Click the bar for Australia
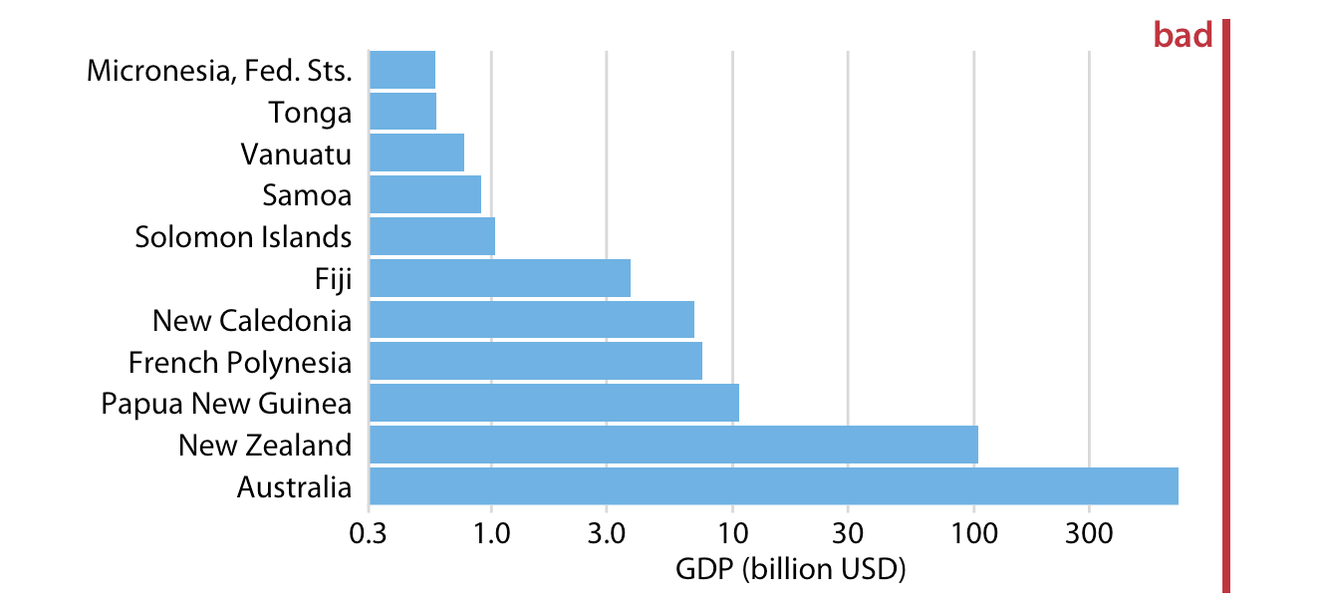click(x=773, y=486)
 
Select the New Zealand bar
click(x=673, y=445)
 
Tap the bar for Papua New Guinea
click(x=554, y=403)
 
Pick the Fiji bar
click(x=499, y=278)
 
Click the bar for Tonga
click(x=402, y=112)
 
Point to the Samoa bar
click(x=424, y=194)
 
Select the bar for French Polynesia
click(x=535, y=361)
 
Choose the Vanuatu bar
click(x=416, y=153)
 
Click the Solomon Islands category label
click(x=243, y=237)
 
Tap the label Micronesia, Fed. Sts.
click(x=219, y=71)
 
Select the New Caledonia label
click(x=252, y=320)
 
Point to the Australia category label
click(x=294, y=487)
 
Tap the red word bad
click(x=1183, y=36)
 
